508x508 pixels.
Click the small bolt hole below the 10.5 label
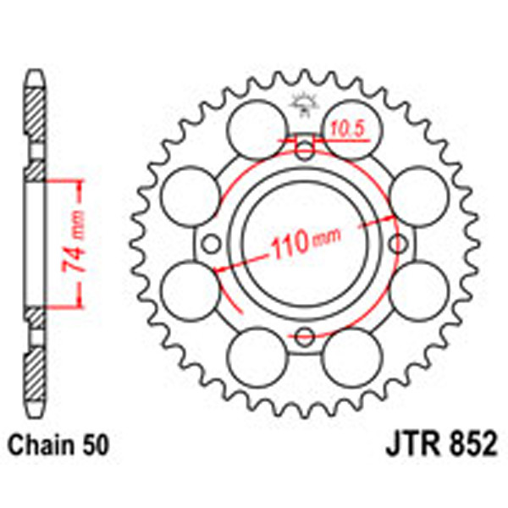click(304, 152)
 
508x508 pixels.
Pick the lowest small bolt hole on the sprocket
click(304, 340)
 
